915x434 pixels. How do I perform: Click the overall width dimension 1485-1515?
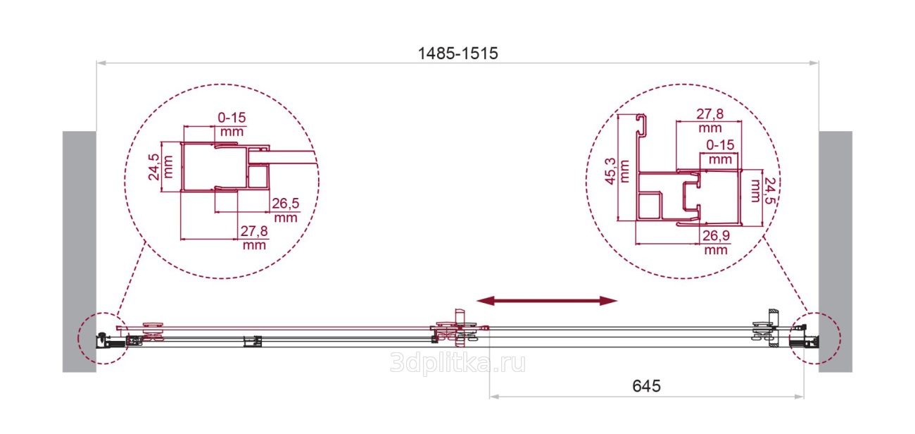[458, 54]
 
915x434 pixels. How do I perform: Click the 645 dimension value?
[646, 386]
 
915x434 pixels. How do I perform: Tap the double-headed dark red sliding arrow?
[547, 301]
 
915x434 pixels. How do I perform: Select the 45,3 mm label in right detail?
[617, 172]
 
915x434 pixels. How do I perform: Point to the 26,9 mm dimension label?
[716, 242]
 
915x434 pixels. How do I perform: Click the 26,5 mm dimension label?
[286, 210]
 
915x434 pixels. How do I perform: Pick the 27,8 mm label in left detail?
[254, 238]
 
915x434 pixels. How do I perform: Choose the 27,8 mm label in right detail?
[710, 120]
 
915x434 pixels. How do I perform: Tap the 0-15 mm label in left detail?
[232, 124]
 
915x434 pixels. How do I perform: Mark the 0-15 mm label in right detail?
[720, 151]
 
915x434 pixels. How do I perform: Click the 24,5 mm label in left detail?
[160, 167]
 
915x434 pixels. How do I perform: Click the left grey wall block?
[80, 252]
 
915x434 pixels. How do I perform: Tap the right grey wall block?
[835, 252]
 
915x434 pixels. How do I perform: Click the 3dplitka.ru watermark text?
[458, 363]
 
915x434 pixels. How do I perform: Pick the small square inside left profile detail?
[258, 177]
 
